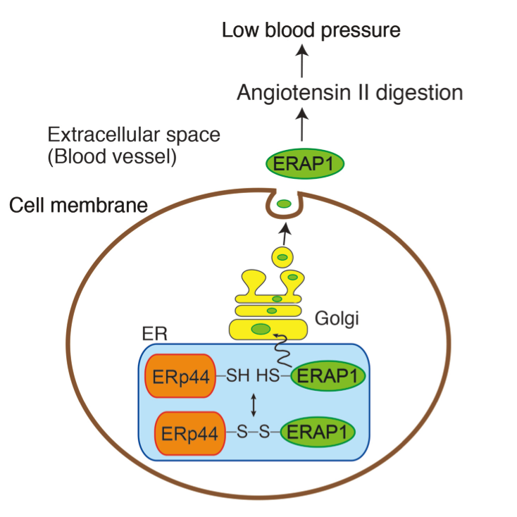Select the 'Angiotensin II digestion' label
tap(349, 92)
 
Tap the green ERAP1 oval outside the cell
tap(305, 163)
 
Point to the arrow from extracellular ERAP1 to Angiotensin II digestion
tap(302, 127)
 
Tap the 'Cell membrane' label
tap(78, 206)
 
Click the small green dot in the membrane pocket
tap(284, 204)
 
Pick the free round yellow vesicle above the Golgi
tap(282, 256)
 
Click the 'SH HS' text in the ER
tap(254, 377)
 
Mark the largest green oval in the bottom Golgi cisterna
tap(261, 328)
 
